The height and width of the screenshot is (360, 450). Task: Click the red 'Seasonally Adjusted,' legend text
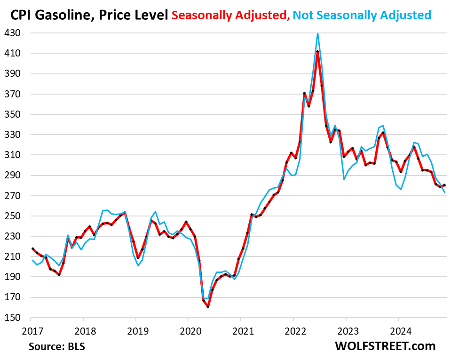(230, 15)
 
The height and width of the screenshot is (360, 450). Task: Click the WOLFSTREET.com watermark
(385, 346)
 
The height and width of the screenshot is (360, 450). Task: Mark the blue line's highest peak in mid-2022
(318, 33)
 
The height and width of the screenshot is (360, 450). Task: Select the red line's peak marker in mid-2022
(318, 52)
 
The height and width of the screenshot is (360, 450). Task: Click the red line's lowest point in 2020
(208, 307)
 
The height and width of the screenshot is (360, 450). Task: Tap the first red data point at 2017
(32, 248)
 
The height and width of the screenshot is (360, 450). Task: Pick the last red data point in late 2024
(445, 185)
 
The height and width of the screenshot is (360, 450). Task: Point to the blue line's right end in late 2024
(445, 192)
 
